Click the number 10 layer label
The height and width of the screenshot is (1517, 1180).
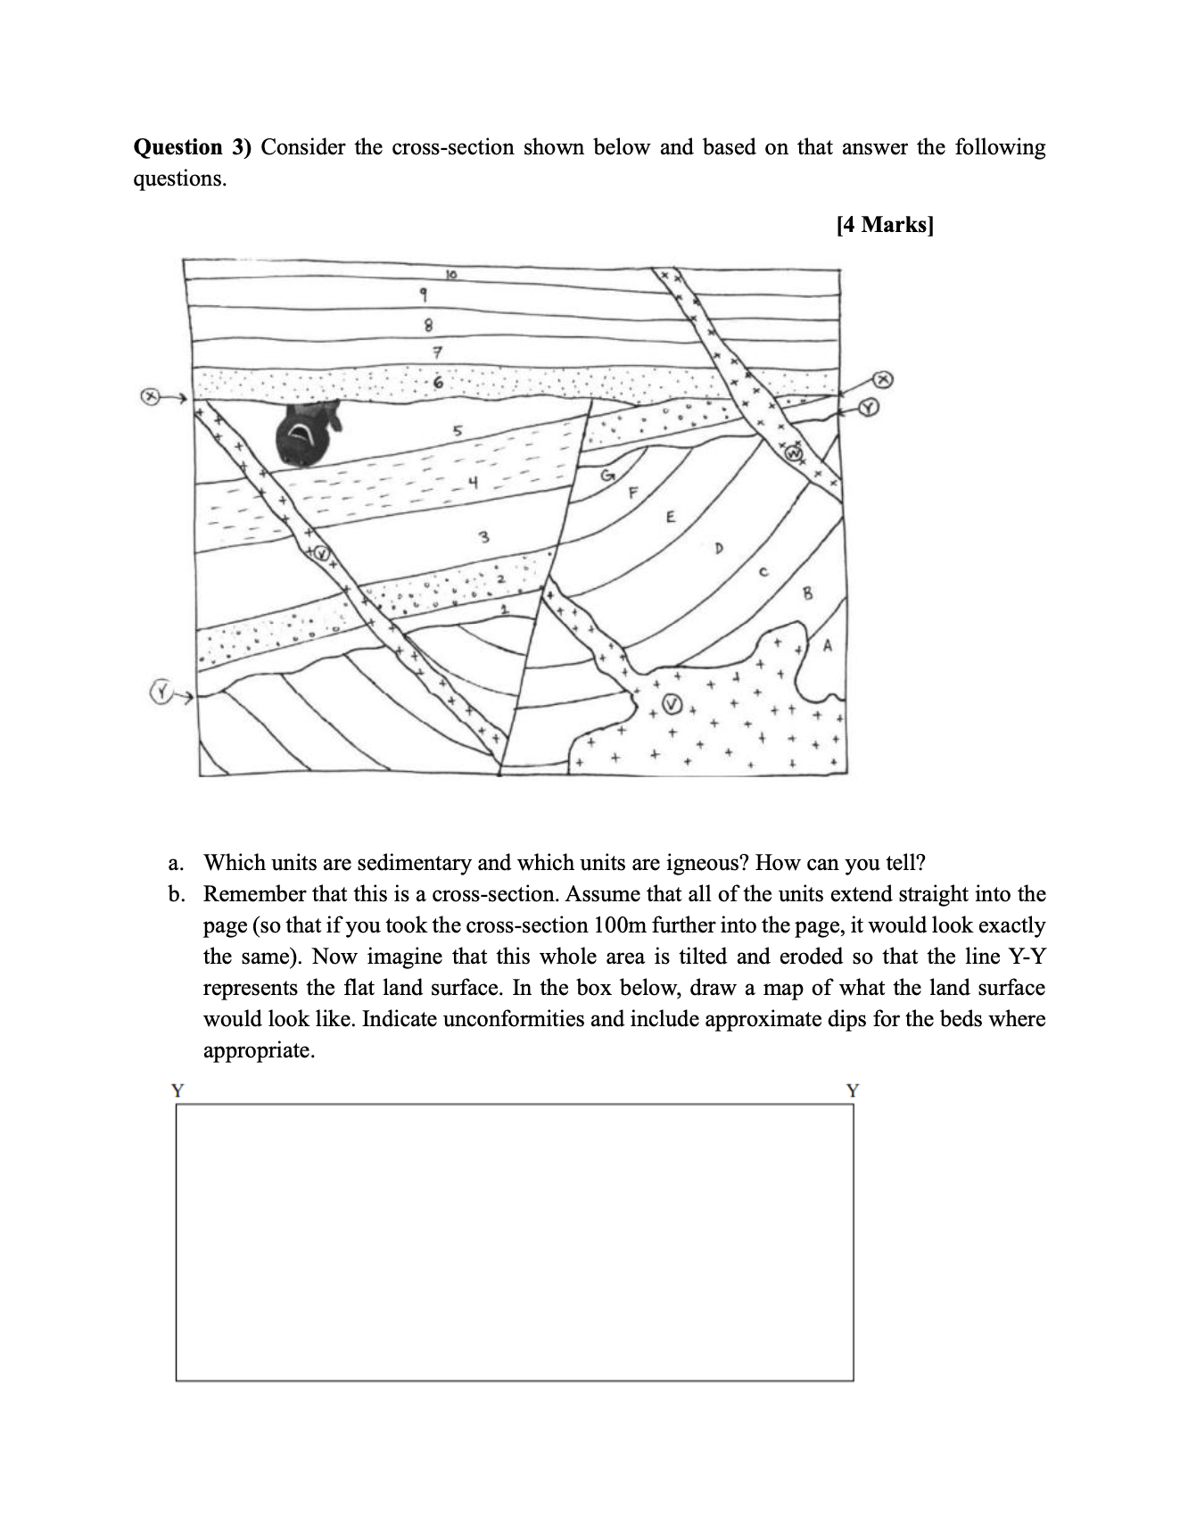tap(451, 275)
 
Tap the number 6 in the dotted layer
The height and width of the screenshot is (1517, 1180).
tap(437, 382)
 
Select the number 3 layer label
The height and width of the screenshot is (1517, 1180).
tap(483, 537)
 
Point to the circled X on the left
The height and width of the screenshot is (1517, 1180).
tap(152, 395)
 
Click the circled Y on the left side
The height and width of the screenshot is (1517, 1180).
tap(160, 692)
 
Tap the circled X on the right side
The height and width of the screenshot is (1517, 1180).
tap(883, 379)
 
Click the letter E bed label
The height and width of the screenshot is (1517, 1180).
tap(671, 517)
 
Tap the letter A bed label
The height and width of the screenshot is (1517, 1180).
tap(827, 644)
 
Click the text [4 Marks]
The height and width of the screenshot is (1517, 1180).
tap(885, 225)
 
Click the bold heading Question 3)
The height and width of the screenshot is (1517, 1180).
tap(192, 147)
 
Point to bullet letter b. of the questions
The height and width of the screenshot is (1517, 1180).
tap(177, 894)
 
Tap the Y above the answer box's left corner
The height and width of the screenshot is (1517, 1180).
tap(177, 1090)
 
